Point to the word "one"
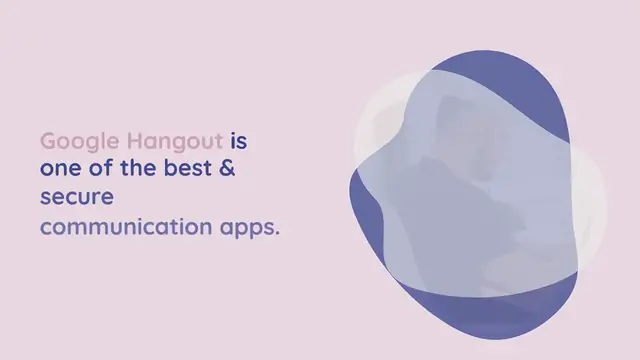pos(59,169)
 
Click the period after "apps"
pos(277,232)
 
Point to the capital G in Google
pos(48,140)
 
